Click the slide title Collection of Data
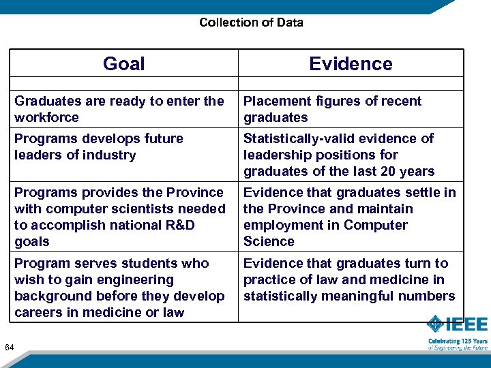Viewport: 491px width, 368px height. pyautogui.click(x=251, y=22)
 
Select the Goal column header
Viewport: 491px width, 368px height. pyautogui.click(x=123, y=64)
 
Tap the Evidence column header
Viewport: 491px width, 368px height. pyautogui.click(x=351, y=64)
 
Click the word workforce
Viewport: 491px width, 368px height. pyautogui.click(x=46, y=118)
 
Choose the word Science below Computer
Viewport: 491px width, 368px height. pyautogui.click(x=269, y=242)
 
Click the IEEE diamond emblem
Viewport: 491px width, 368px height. pyautogui.click(x=436, y=325)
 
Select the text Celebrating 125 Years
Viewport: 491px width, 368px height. pyautogui.click(x=458, y=341)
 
